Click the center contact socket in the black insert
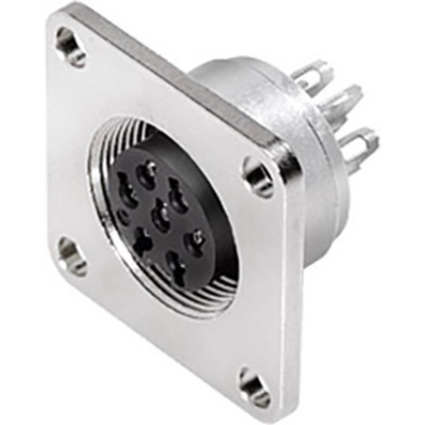point(161,214)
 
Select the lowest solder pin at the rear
point(359,146)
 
